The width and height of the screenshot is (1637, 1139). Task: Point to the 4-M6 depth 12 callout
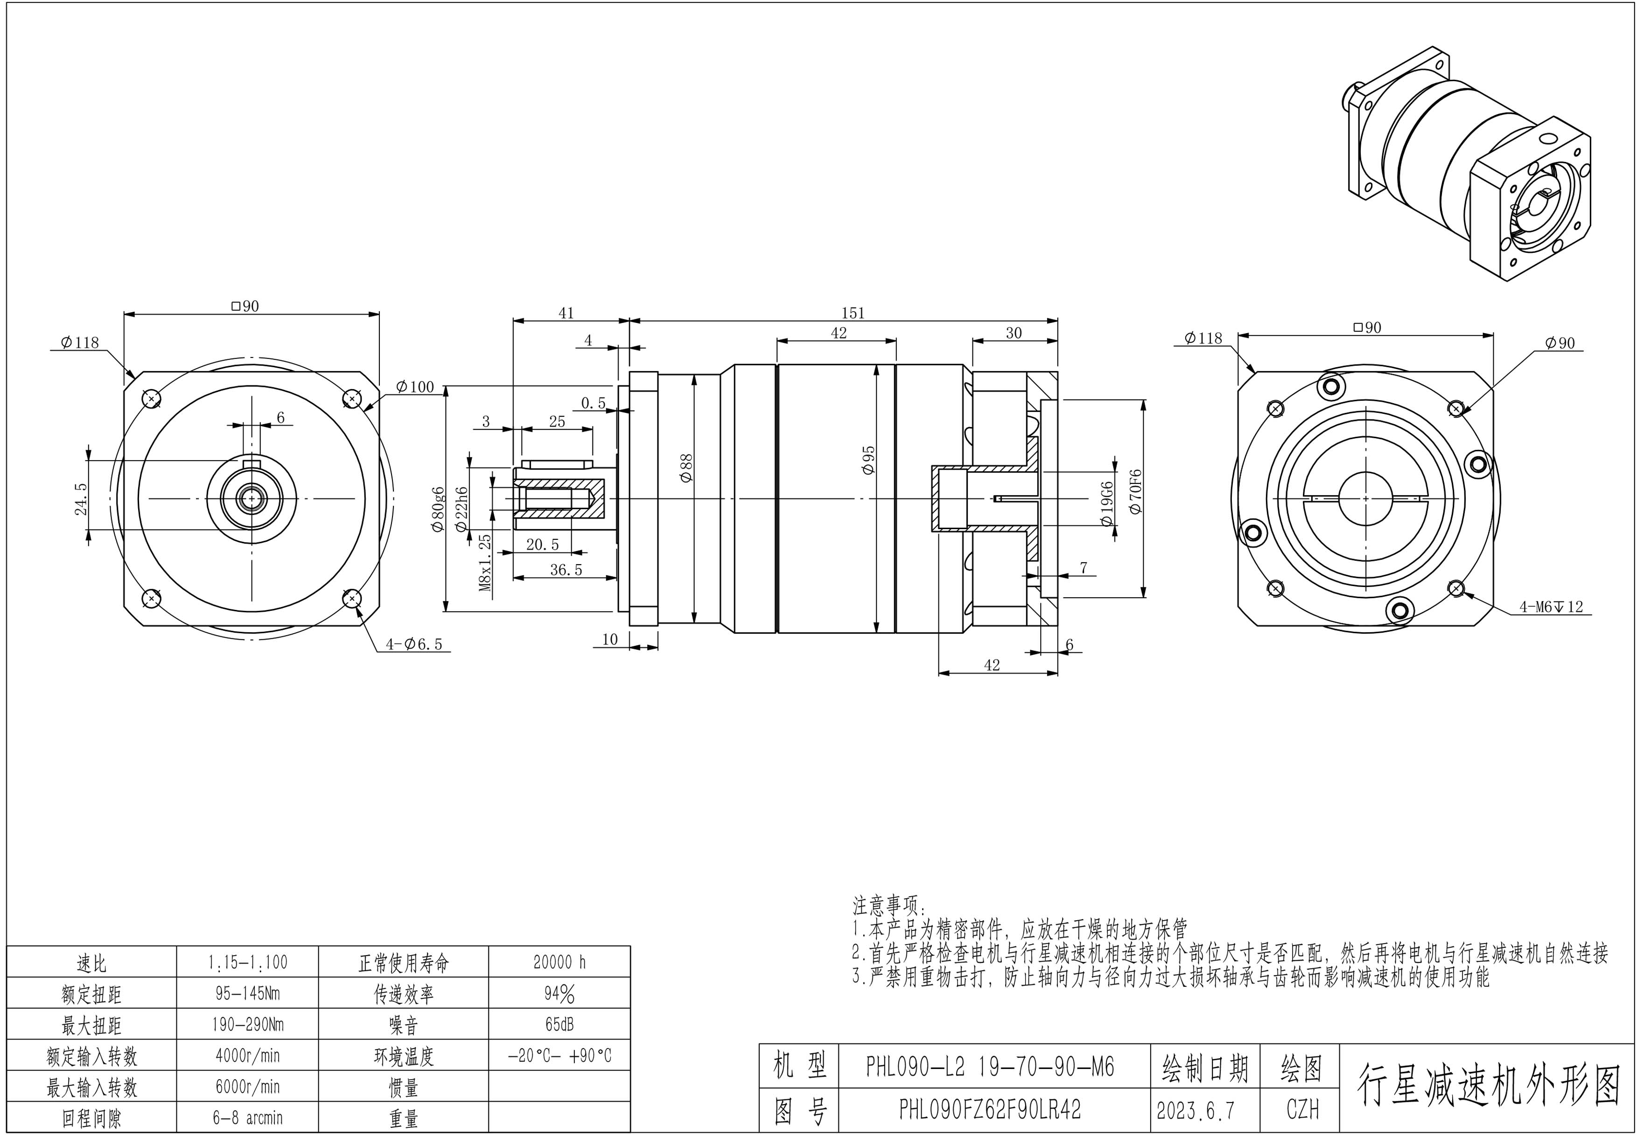pos(1551,607)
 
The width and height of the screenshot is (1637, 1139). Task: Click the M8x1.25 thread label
pos(485,564)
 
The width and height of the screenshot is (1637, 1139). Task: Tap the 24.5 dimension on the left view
pos(81,498)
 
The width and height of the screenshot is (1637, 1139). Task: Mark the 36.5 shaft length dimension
pos(566,569)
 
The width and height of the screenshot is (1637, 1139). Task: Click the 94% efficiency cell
pos(559,993)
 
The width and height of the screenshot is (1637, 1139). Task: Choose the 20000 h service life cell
pos(559,962)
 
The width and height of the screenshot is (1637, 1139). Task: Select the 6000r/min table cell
pos(247,1087)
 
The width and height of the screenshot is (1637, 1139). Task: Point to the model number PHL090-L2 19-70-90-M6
pos(990,1066)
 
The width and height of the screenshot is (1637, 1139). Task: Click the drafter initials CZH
pos(1302,1109)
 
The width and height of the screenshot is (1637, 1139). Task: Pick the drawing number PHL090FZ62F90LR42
pos(990,1109)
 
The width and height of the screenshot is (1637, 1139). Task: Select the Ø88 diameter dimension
pos(686,468)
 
